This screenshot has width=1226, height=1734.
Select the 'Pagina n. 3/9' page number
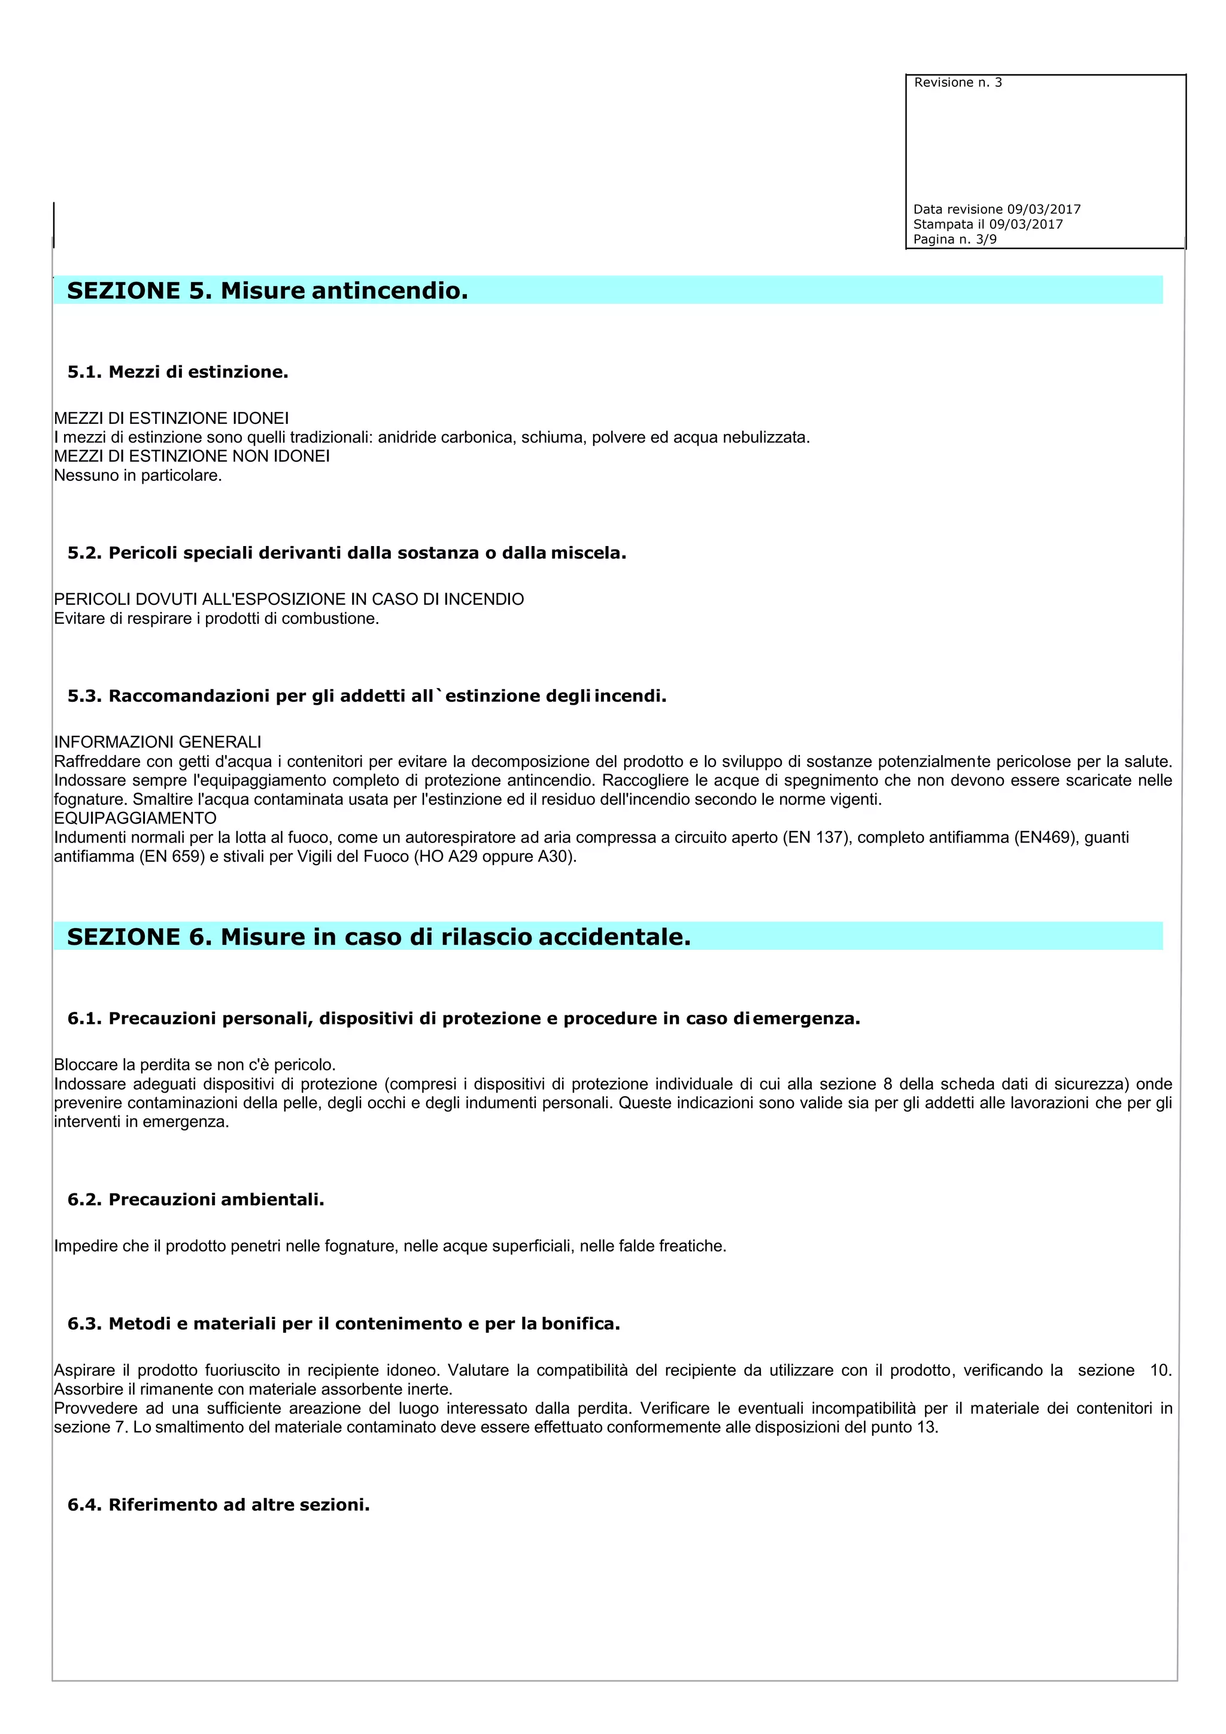tap(954, 240)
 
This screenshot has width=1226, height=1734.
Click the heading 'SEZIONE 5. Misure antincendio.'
tap(267, 291)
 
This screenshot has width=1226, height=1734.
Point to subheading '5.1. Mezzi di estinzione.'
tap(178, 372)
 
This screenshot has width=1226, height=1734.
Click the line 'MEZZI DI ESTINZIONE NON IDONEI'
tap(192, 456)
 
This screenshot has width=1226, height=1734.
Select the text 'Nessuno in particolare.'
tap(138, 476)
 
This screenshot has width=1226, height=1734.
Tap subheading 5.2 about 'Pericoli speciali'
tap(347, 553)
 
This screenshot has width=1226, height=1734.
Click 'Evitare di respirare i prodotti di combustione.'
tap(217, 619)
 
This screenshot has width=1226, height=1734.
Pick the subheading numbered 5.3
tap(367, 696)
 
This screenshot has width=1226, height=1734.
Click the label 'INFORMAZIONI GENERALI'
tap(158, 742)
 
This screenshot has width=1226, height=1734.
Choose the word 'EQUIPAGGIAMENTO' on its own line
tap(135, 818)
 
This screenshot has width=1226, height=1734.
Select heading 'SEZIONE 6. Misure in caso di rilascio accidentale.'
tap(379, 937)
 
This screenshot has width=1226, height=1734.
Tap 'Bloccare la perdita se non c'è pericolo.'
tap(195, 1065)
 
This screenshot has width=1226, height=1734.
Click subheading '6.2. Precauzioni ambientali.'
tap(196, 1199)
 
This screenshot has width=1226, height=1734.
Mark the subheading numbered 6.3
tap(344, 1323)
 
